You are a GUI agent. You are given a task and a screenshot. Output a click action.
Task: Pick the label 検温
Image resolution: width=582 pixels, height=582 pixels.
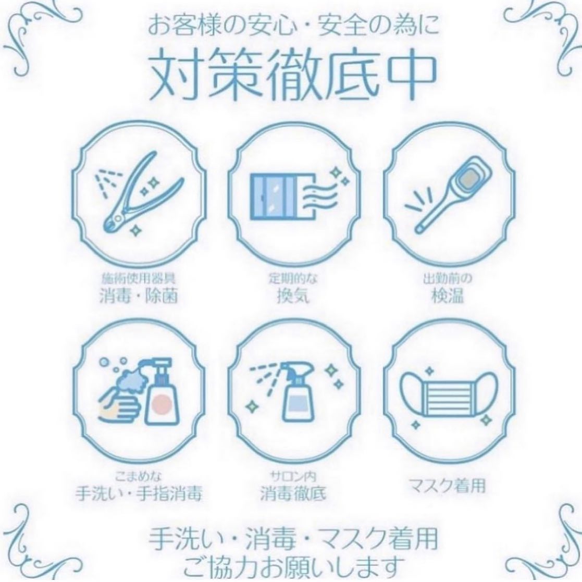(448, 296)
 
